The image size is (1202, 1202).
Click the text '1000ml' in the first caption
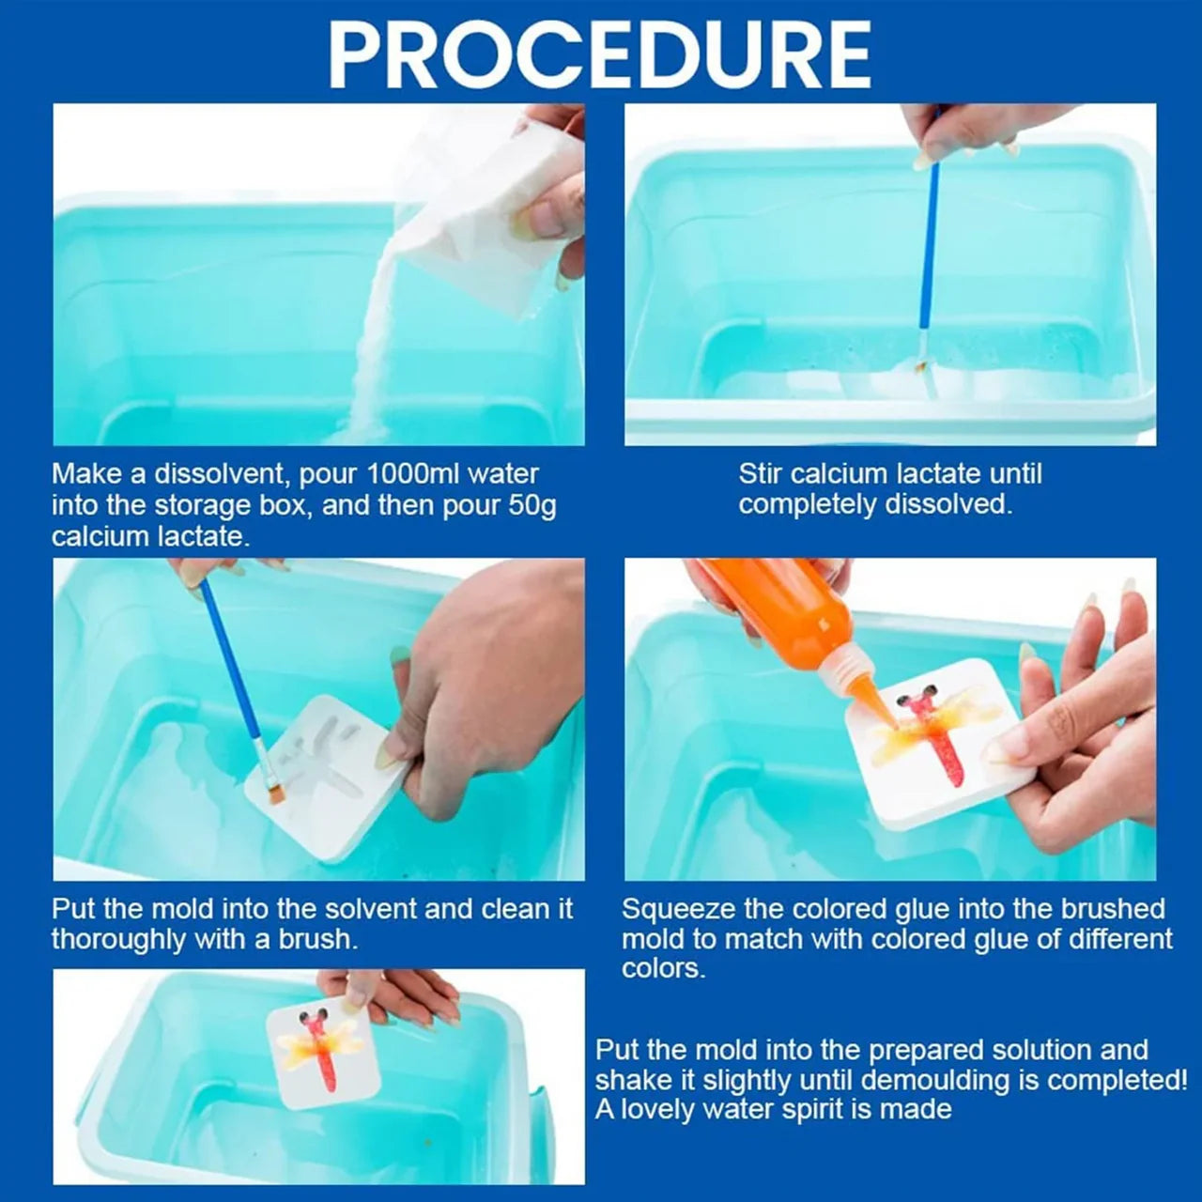point(413,474)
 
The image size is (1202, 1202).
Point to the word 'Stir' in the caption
point(761,474)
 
